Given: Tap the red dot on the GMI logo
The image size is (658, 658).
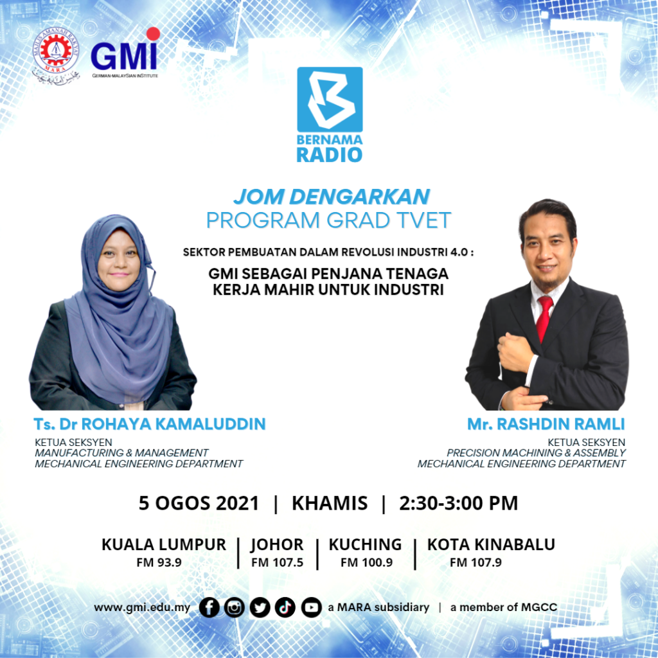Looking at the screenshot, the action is point(153,34).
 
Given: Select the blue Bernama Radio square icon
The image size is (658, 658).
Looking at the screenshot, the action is point(330,100).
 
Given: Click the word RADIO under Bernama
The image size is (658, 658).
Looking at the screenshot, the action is point(330,155).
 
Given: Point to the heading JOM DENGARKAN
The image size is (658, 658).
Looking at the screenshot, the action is point(332,197).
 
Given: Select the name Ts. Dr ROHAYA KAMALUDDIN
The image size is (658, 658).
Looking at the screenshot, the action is point(150,424).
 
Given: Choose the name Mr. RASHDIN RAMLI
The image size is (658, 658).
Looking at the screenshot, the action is point(546,424).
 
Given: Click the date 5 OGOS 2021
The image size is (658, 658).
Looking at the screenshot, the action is point(199,503).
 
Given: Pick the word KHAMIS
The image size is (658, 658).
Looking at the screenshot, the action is point(330,503).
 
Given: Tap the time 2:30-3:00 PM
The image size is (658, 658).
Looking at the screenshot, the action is point(459,503).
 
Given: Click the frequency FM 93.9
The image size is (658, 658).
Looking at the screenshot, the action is point(159,562).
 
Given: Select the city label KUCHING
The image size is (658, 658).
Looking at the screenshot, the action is point(365,544).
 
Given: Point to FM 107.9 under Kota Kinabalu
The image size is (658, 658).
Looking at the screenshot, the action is point(476,562).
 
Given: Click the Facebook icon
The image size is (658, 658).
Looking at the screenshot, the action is point(209,607).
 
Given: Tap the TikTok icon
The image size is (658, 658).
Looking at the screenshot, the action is point(285,607).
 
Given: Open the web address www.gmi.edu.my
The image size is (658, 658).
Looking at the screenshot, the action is point(142,608).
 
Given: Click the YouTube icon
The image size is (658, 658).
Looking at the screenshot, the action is point(312,607).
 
